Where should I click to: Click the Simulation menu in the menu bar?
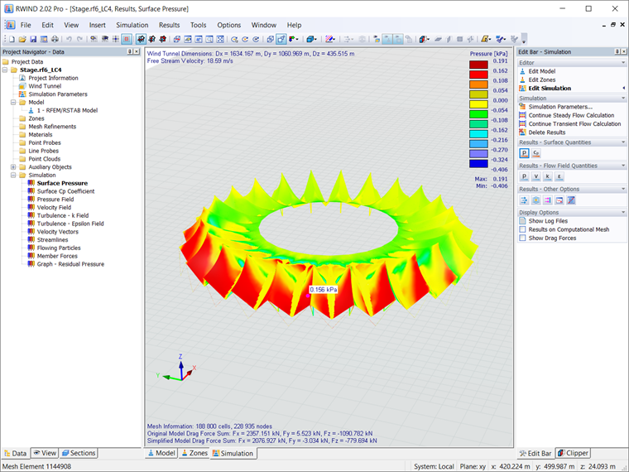click(x=132, y=25)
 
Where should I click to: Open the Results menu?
click(x=169, y=25)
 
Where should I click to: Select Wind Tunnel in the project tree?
click(x=45, y=86)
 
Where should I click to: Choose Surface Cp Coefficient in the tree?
click(x=65, y=191)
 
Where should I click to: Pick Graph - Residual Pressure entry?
click(x=70, y=264)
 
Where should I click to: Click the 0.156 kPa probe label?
click(x=323, y=290)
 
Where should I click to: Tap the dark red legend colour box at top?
click(x=478, y=64)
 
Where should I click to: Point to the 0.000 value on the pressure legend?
click(x=500, y=100)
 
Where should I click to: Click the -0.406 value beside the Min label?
click(x=499, y=186)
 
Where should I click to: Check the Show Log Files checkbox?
click(x=522, y=221)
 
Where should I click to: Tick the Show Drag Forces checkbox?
click(x=522, y=238)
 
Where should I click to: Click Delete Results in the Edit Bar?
click(x=546, y=132)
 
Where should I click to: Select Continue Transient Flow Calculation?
click(x=574, y=124)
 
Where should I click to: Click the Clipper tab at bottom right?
click(x=577, y=454)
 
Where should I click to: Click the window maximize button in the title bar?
click(x=588, y=8)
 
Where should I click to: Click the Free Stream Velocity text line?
click(x=187, y=60)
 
